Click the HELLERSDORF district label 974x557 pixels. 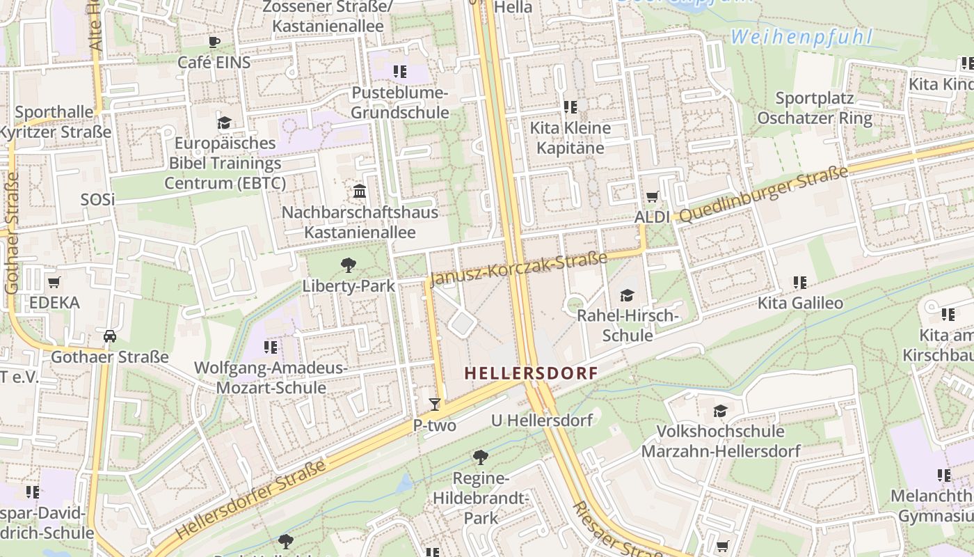tap(531, 373)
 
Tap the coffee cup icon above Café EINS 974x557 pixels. tap(214, 42)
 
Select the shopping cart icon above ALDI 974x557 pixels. tap(652, 197)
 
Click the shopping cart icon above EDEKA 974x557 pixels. tap(54, 283)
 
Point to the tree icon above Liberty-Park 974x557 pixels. tap(349, 265)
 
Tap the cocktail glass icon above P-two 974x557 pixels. tap(435, 404)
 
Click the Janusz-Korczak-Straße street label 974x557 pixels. tap(518, 269)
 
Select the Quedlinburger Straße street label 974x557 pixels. tap(764, 195)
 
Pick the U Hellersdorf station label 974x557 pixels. tap(542, 420)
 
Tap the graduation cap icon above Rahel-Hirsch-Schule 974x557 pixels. tap(628, 295)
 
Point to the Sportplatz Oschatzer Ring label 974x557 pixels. tap(815, 108)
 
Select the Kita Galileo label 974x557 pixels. tap(800, 303)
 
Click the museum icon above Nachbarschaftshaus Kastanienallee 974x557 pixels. tap(360, 191)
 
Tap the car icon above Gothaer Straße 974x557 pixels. tap(110, 336)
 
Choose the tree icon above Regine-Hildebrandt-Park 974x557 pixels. tap(480, 457)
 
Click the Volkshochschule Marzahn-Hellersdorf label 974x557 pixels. tap(721, 441)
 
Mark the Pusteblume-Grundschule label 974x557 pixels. tap(400, 102)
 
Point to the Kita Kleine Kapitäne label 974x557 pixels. tap(570, 138)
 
